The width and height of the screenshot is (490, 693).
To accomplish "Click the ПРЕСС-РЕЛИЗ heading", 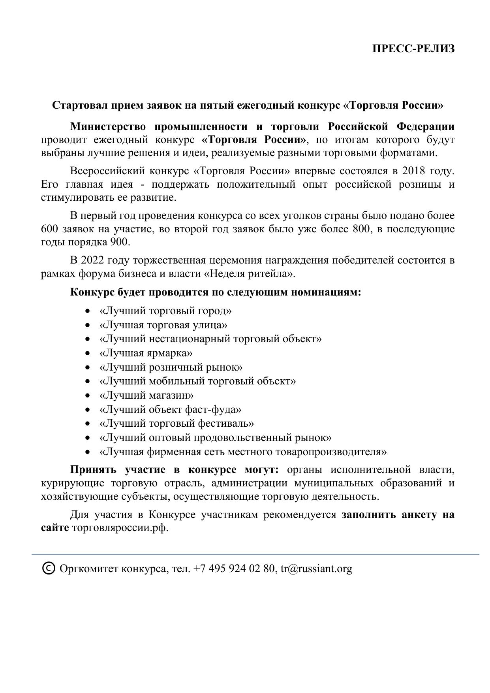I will click(x=413, y=49).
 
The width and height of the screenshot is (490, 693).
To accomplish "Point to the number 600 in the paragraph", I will click(x=50, y=229).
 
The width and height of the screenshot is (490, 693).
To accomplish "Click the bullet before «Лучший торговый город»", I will click(x=88, y=311).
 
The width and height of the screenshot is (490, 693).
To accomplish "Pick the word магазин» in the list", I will click(x=171, y=395).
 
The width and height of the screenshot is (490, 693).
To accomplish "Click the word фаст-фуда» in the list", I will click(x=214, y=410).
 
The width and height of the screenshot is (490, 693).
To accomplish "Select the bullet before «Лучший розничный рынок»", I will click(x=88, y=368).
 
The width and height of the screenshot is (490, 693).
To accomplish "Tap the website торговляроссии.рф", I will click(x=120, y=528).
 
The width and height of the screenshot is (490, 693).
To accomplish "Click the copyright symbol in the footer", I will click(x=49, y=568).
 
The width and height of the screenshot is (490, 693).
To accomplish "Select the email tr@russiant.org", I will click(x=316, y=569).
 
